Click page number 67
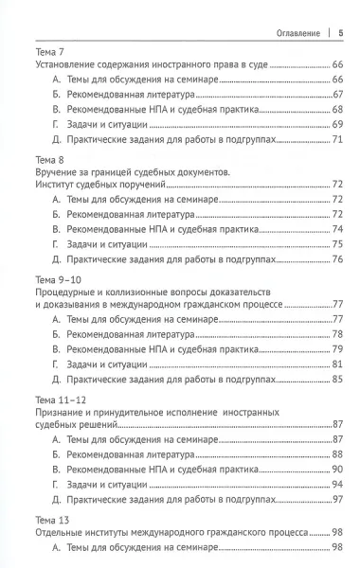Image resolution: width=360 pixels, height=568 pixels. [337, 97]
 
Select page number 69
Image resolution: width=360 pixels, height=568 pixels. [337, 126]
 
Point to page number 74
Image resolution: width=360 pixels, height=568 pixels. [337, 229]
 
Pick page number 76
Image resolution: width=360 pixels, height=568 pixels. [337, 259]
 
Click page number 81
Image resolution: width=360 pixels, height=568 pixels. [337, 364]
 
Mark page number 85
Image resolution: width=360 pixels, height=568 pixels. [337, 379]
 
